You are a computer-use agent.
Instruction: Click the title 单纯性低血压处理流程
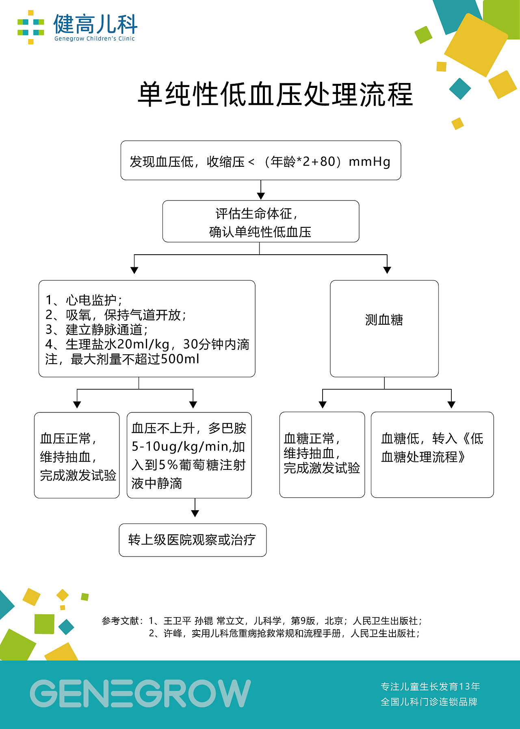pos(275,94)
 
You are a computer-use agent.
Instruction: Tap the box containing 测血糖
pos(384,329)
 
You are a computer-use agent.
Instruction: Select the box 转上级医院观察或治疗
pos(193,540)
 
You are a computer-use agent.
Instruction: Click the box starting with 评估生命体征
pos(261,221)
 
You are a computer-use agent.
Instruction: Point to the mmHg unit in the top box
pos(370,162)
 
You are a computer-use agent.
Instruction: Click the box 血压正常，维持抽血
pos(77,455)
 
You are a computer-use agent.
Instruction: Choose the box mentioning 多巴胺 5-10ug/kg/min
pos(189,455)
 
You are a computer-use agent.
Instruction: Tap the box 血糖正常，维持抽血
pos(322,455)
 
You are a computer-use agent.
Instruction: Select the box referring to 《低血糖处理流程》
pos(432,455)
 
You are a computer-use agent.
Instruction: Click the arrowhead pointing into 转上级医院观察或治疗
pos(195,513)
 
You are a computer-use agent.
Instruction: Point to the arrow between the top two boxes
pos(261,190)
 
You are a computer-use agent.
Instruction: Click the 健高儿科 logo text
pos(95,24)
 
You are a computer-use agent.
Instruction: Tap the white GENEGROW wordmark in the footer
pos(140,693)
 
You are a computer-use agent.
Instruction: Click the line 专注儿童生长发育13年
pos(430,687)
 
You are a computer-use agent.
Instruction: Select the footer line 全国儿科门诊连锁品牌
pos(429,702)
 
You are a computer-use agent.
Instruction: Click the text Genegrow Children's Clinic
pos(95,39)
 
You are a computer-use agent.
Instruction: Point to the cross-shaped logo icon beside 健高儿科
pos(31,27)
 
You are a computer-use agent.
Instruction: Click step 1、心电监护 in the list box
pos(84,300)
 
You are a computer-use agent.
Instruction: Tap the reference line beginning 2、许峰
pos(284,633)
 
